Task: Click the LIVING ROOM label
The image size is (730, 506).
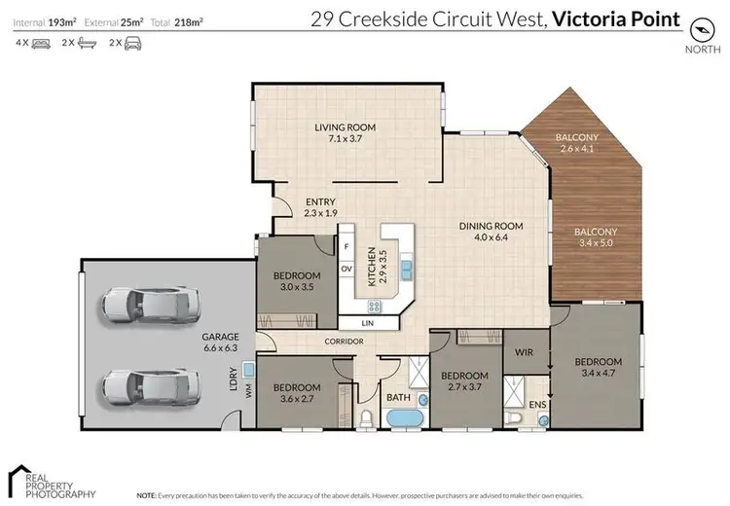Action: [x=345, y=133]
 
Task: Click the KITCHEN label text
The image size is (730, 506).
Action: [x=372, y=267]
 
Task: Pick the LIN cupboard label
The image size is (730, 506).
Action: [x=367, y=321]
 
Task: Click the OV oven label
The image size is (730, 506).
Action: [x=346, y=269]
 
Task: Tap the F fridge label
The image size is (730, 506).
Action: [x=346, y=246]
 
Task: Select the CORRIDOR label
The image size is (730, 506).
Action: [x=346, y=342]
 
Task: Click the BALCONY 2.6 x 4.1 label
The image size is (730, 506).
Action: [x=577, y=143]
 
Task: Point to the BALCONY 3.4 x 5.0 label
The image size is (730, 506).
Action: [x=595, y=237]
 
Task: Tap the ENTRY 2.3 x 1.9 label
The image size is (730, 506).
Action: [x=319, y=207]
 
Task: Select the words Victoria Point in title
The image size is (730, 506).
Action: [x=615, y=18]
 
